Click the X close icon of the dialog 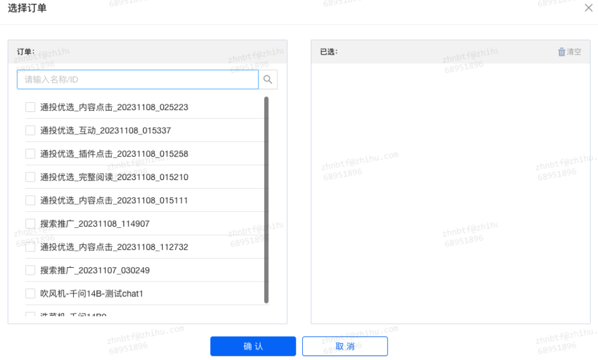tap(588, 8)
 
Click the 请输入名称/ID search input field tap(137, 80)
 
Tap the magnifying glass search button tap(268, 80)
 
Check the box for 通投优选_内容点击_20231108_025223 tap(31, 107)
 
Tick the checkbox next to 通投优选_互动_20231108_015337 tap(31, 130)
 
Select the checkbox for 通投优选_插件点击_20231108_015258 tap(31, 154)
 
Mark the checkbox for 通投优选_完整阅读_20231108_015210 tap(31, 177)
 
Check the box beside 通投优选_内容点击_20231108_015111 tap(31, 200)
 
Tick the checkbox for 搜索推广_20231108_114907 tap(31, 224)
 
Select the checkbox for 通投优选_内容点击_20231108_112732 tap(31, 247)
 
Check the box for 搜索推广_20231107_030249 tap(31, 270)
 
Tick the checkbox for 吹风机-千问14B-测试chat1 tap(31, 294)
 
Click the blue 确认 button tap(253, 346)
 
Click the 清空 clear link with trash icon tap(569, 52)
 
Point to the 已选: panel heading tap(329, 52)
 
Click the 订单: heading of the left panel tap(25, 52)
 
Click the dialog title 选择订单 tap(27, 8)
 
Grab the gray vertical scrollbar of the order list tap(266, 199)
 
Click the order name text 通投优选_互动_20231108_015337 tap(106, 130)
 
